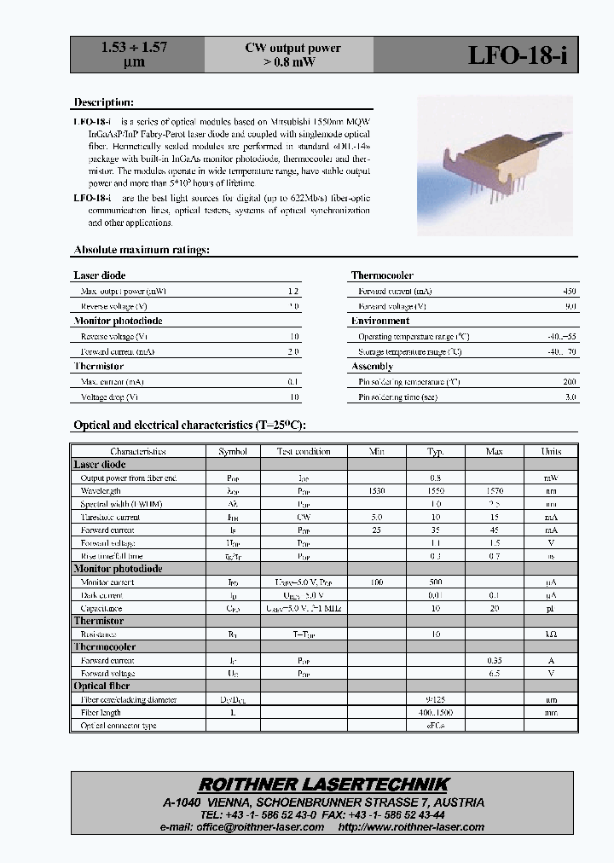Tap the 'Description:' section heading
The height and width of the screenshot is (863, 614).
point(103,102)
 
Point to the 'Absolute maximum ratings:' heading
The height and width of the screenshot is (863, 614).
point(142,250)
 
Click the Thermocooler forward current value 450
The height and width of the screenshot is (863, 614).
point(570,291)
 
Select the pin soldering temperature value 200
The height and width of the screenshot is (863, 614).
point(570,382)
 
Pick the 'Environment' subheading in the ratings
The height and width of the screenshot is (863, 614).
point(380,321)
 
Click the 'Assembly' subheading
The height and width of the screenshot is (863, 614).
point(373,367)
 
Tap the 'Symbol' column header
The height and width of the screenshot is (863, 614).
point(233,451)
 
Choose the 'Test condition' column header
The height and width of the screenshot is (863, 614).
point(303,451)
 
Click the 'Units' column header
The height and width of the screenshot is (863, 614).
point(551,451)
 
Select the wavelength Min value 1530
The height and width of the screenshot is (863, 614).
point(377,491)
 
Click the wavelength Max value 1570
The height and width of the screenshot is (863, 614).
point(494,491)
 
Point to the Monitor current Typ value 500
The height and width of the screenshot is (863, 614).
point(435,582)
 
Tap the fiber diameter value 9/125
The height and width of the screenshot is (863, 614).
point(435,699)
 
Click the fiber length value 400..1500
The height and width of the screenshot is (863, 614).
point(435,712)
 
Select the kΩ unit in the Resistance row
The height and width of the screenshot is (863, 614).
point(551,634)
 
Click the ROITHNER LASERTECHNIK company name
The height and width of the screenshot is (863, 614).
point(323,785)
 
